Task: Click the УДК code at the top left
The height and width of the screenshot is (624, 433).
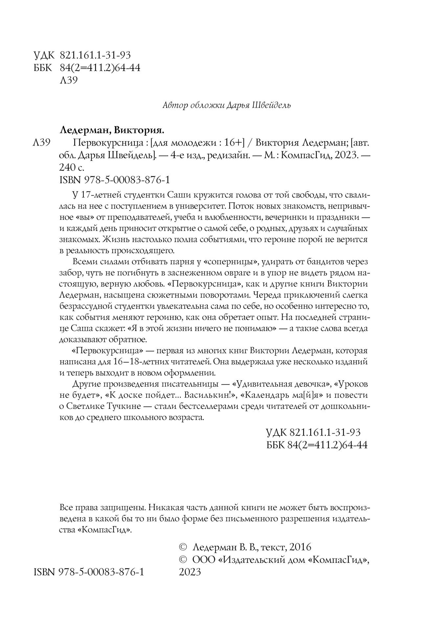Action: click(96, 55)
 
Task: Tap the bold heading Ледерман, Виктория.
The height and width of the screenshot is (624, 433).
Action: click(112, 130)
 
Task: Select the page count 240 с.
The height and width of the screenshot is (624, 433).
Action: click(72, 168)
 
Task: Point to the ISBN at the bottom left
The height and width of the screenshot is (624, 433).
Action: click(89, 572)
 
